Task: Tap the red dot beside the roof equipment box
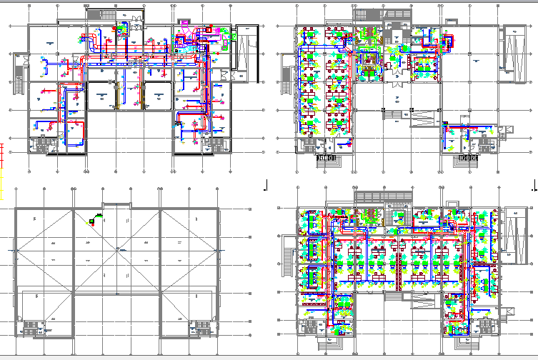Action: tap(93, 222)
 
